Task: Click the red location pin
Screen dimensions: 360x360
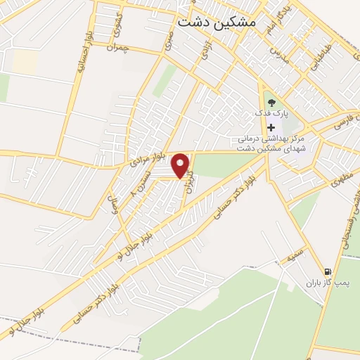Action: (181, 165)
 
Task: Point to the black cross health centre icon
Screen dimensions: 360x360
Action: (271, 127)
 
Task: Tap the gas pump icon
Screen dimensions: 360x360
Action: (328, 271)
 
